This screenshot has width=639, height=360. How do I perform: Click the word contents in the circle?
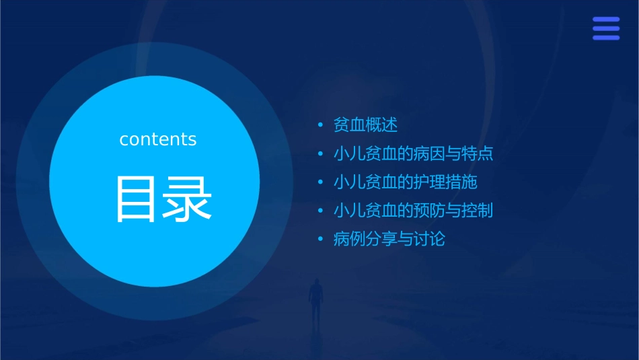click(x=158, y=139)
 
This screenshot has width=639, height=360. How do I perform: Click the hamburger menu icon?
click(x=605, y=28)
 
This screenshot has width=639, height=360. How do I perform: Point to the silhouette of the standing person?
click(x=315, y=299)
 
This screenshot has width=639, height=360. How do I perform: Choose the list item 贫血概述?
click(x=366, y=125)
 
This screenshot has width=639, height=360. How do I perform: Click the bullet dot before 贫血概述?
click(x=321, y=125)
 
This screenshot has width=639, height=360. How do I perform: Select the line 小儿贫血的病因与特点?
click(x=413, y=153)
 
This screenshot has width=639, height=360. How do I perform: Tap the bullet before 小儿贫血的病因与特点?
click(x=321, y=153)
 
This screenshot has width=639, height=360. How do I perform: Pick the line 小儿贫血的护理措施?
click(x=405, y=182)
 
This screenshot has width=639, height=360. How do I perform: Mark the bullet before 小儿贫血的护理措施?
click(x=321, y=182)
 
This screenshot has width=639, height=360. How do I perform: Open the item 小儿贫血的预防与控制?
click(x=413, y=210)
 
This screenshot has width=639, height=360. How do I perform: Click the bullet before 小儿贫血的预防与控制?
click(x=321, y=210)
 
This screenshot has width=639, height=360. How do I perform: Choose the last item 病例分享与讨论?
click(x=389, y=238)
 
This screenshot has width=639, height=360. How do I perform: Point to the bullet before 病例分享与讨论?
click(x=321, y=238)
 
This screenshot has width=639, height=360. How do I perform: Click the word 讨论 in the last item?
click(x=429, y=238)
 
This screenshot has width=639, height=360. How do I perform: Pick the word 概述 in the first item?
click(x=382, y=125)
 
